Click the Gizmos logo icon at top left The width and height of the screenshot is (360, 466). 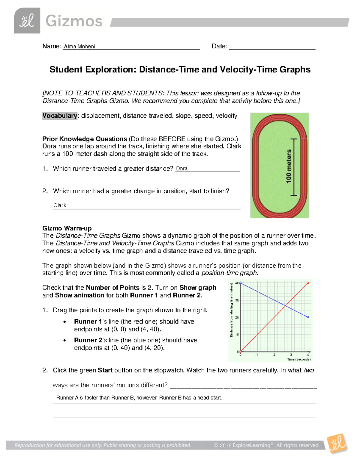pyautogui.click(x=27, y=20)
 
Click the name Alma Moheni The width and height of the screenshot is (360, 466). pyautogui.click(x=79, y=47)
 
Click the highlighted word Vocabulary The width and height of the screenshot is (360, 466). pyautogui.click(x=60, y=116)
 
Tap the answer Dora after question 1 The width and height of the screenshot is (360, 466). pyautogui.click(x=182, y=169)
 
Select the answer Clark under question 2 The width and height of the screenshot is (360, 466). pyautogui.click(x=60, y=206)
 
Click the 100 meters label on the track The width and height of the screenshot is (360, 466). pyautogui.click(x=289, y=167)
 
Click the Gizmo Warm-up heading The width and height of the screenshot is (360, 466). pyautogui.click(x=67, y=228)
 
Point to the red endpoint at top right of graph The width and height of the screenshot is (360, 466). pyautogui.click(x=308, y=283)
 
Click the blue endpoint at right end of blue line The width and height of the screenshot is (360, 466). pyautogui.click(x=308, y=317)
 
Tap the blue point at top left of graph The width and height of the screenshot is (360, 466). pyautogui.click(x=240, y=283)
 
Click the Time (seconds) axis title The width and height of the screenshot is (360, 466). pyautogui.click(x=298, y=359)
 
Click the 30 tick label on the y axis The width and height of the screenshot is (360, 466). pyautogui.click(x=237, y=300)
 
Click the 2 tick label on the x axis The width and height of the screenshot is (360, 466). pyautogui.click(x=274, y=355)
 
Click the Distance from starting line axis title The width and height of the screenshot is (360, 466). pyautogui.click(x=231, y=310)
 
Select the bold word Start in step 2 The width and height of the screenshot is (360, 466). pyautogui.click(x=105, y=370)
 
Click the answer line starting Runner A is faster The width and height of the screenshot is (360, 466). pyautogui.click(x=139, y=398)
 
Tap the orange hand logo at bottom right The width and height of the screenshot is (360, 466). pyautogui.click(x=337, y=443)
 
